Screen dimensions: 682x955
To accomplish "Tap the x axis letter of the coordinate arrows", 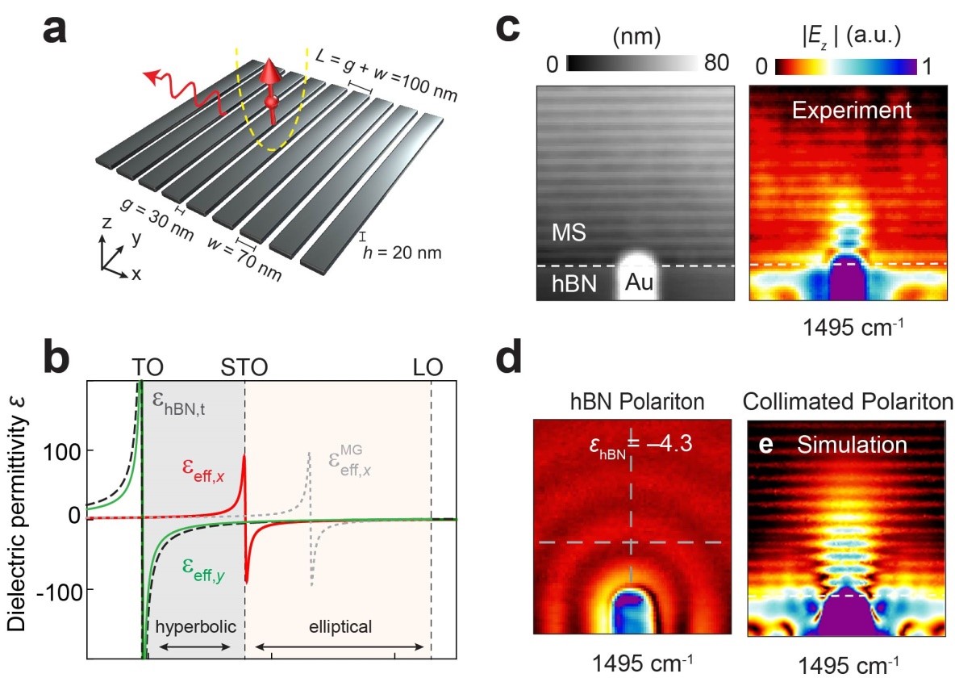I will tap(136, 274).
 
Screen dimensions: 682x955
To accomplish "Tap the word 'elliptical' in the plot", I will tap(340, 626).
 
